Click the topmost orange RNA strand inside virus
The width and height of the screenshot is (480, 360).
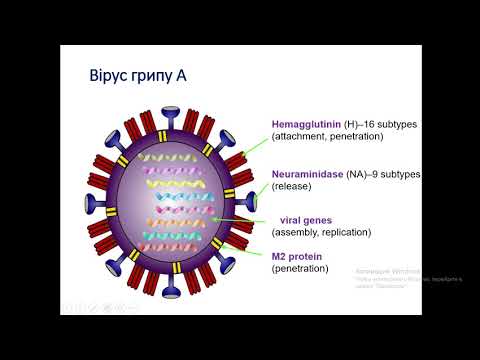coord(180,158)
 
